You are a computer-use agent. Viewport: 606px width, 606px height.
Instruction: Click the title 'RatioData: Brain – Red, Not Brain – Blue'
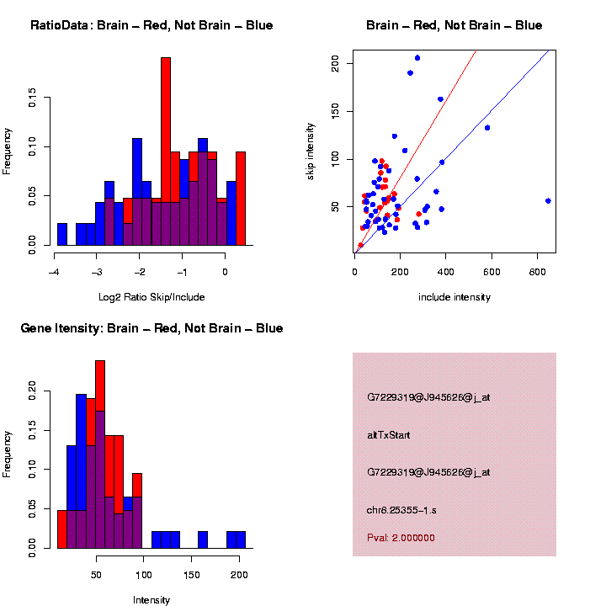pyautogui.click(x=151, y=25)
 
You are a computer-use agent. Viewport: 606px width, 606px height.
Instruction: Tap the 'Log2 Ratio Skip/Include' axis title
pyautogui.click(x=151, y=296)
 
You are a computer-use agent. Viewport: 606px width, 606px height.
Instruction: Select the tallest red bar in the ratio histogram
pyautogui.click(x=166, y=151)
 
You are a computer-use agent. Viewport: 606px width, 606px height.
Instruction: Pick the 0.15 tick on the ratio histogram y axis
pyautogui.click(x=33, y=99)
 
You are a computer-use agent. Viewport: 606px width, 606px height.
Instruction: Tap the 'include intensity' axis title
pyautogui.click(x=454, y=297)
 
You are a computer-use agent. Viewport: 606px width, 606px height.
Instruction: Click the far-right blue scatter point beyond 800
pyautogui.click(x=548, y=200)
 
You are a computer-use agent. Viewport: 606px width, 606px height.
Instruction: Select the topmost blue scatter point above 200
pyautogui.click(x=417, y=58)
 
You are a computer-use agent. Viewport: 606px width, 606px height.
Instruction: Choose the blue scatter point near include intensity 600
pyautogui.click(x=487, y=128)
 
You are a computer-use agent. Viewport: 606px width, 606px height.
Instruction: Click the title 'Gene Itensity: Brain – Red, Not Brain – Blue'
pyautogui.click(x=151, y=328)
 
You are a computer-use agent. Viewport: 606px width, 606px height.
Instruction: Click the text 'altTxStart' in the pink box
pyautogui.click(x=388, y=435)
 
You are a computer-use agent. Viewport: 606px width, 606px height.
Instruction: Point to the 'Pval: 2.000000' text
pyautogui.click(x=401, y=538)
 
